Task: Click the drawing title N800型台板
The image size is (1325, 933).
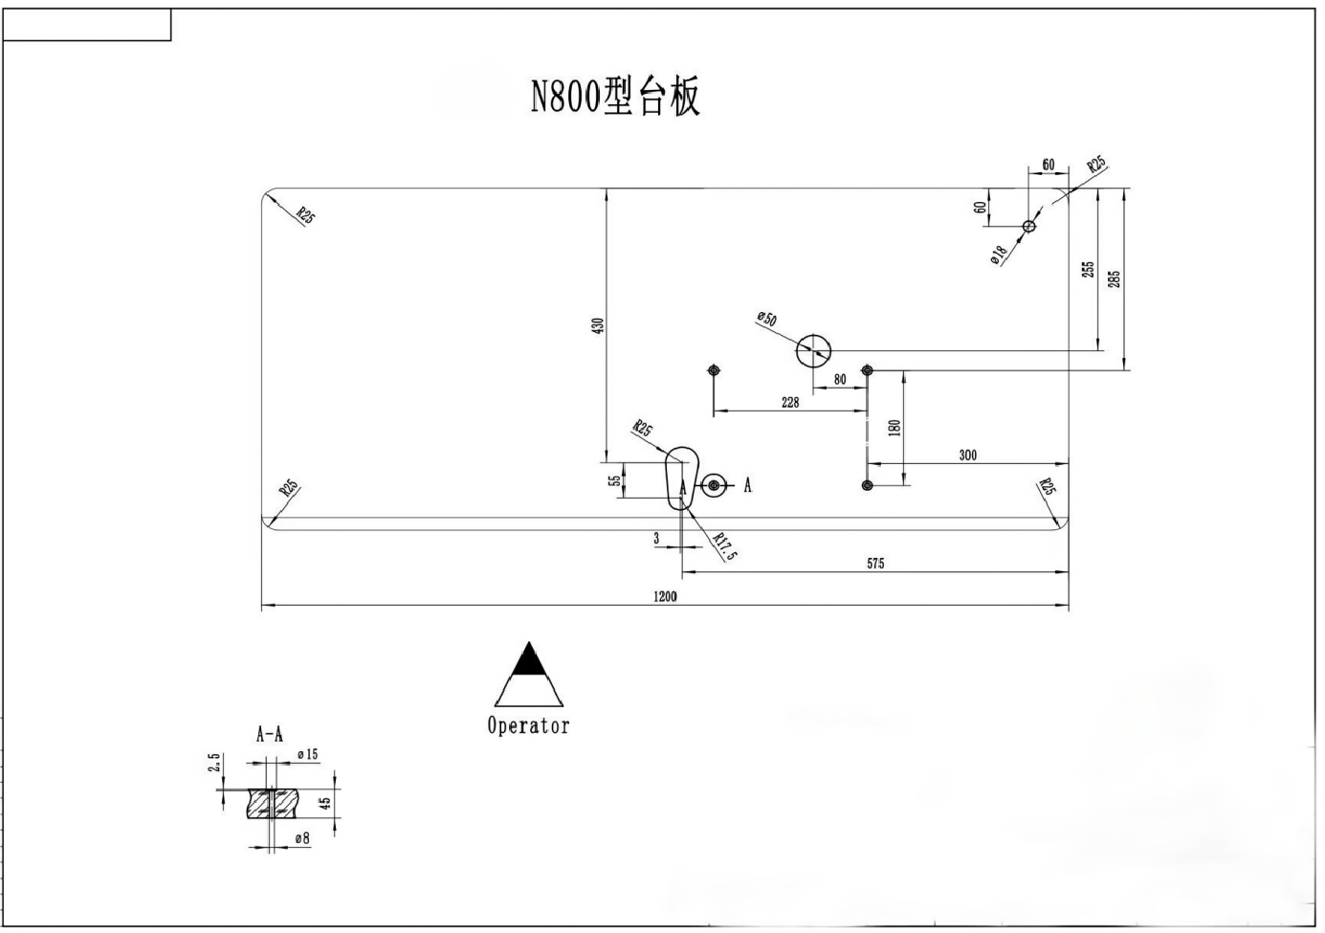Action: pos(615,97)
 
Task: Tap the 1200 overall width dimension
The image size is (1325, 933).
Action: pos(665,596)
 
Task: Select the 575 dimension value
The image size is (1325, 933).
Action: pos(875,564)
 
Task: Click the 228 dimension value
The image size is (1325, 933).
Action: pos(790,402)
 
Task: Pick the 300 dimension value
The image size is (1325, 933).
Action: pos(968,455)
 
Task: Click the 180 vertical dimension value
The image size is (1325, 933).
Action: pos(894,427)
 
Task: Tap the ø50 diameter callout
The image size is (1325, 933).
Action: pos(766,319)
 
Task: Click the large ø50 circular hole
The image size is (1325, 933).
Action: pos(813,351)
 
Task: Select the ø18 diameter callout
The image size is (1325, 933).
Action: pos(998,254)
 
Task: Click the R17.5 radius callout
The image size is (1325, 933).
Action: pos(726,546)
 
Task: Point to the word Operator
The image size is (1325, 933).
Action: pos(528,725)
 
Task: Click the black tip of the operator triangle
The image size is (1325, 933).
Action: pos(529,660)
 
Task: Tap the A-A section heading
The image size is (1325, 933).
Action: pos(269,735)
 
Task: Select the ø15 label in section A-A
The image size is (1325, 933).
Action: pos(307,755)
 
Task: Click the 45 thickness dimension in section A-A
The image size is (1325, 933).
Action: pos(325,804)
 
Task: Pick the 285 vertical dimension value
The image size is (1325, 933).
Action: pos(1114,278)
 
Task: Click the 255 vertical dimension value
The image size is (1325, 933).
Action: pos(1088,270)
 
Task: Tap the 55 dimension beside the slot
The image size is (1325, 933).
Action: pos(614,480)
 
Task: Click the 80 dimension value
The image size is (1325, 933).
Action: pos(840,380)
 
